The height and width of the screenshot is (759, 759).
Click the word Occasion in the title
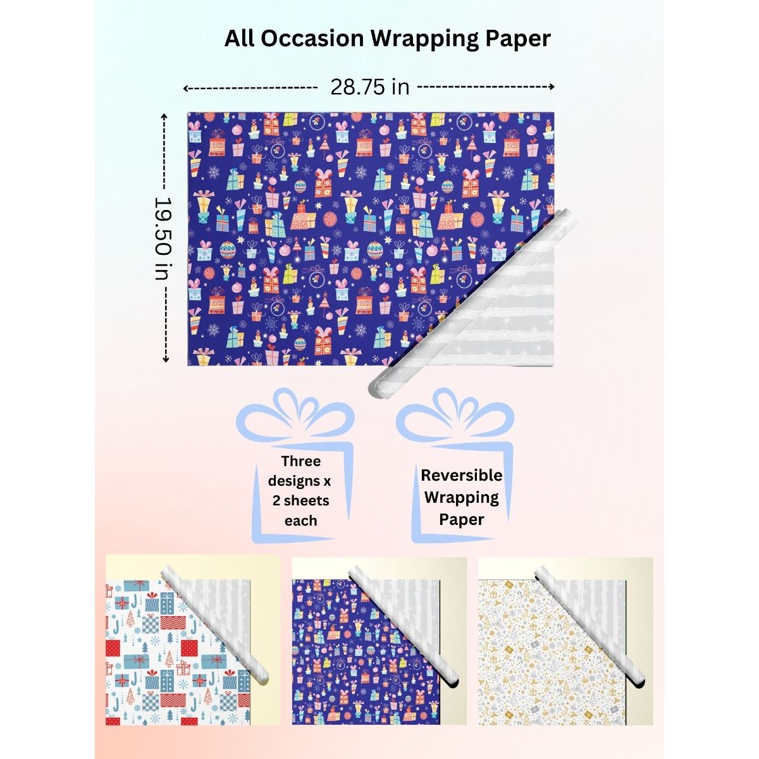pos(312,39)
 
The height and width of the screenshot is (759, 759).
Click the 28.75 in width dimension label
pos(370,87)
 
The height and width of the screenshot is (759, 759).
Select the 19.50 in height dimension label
pos(164,238)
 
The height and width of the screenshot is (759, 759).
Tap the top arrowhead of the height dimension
pos(165,116)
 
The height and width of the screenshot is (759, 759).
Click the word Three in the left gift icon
pos(301,461)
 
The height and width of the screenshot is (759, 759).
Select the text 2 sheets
pos(301,501)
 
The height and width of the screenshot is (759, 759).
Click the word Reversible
pos(462,475)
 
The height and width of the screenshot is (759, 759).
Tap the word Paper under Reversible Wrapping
pos(462,519)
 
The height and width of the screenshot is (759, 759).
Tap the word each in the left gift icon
pos(300,521)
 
